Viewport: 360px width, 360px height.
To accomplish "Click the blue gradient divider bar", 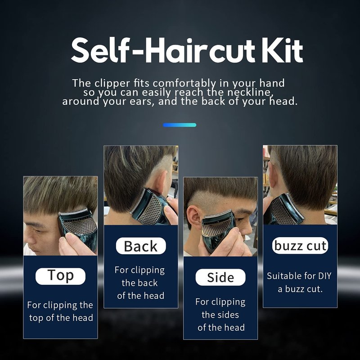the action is [x=180, y=125].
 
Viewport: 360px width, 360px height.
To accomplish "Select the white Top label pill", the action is [x=60, y=276].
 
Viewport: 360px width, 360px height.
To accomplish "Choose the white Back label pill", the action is [x=141, y=246].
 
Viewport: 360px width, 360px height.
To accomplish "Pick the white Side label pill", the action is [x=220, y=277].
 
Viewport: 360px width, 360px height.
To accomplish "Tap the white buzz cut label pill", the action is [x=300, y=245].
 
